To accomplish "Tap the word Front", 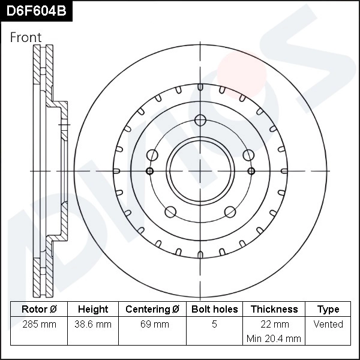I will tap(26, 37).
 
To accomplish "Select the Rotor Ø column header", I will tap(39, 310).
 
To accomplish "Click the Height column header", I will tap(93, 310).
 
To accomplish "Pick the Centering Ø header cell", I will tap(152, 310).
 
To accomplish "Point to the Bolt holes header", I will tap(214, 310).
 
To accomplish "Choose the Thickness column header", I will tap(274, 310).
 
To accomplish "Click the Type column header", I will tap(328, 310).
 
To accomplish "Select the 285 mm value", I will tap(39, 325).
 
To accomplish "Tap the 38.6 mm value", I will tap(93, 325).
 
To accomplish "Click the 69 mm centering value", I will tap(152, 325).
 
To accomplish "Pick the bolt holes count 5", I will tap(214, 325).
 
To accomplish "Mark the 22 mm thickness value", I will tap(274, 325).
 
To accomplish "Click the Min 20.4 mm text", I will tap(274, 339).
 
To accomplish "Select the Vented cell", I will tap(328, 325).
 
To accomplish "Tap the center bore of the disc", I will tap(199, 171).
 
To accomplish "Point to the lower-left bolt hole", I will tap(170, 211).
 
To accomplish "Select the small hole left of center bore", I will tap(150, 171).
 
